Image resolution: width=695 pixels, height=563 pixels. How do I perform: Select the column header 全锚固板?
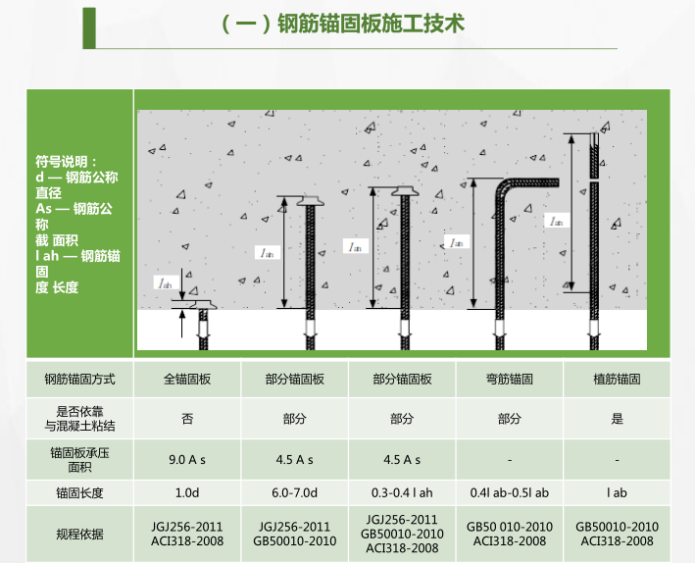187,379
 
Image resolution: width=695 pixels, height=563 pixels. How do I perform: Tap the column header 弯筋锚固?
510,379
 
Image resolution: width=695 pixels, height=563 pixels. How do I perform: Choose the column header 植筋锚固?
618,379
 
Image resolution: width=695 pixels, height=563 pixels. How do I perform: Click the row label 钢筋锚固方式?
79,379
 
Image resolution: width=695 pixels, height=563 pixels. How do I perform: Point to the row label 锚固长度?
79,492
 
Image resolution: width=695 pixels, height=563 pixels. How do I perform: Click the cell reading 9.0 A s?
187,458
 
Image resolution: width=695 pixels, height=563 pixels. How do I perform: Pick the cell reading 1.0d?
187,492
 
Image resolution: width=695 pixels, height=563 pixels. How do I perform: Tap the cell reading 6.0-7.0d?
294,492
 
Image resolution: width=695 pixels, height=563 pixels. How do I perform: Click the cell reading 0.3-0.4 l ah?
402,492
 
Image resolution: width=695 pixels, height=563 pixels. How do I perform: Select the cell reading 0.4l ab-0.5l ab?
510,492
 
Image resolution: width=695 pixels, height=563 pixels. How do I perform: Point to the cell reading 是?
618,419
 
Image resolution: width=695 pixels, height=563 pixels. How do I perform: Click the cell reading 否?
187,419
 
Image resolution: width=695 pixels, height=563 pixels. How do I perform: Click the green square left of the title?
89,26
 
